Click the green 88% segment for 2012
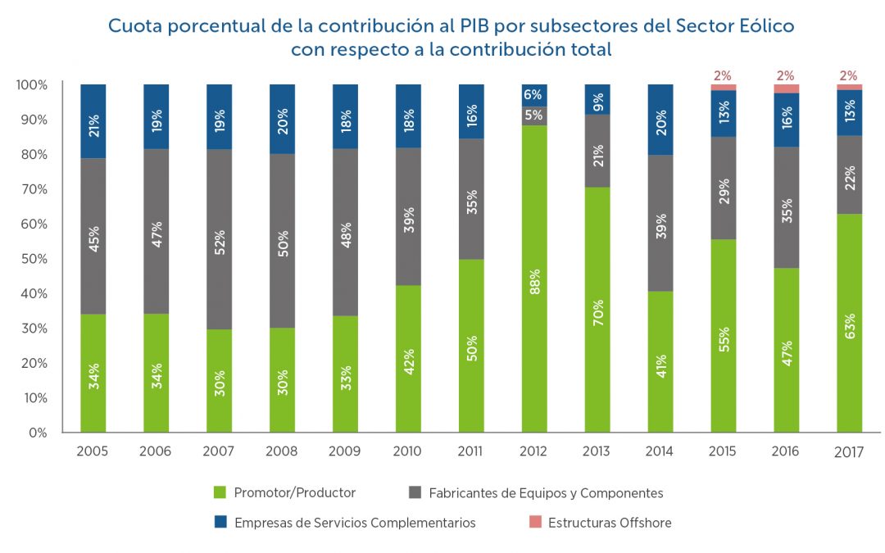(x=534, y=279)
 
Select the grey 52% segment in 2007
(x=220, y=239)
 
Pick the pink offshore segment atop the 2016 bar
(x=787, y=88)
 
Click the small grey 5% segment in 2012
(x=534, y=116)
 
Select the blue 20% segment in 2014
(x=660, y=120)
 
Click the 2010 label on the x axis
(x=407, y=451)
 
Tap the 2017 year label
(x=849, y=452)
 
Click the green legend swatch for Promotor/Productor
(x=219, y=492)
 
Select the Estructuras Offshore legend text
(x=610, y=523)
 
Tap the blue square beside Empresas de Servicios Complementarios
(x=219, y=523)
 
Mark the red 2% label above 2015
(x=723, y=76)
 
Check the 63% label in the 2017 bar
(x=850, y=324)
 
